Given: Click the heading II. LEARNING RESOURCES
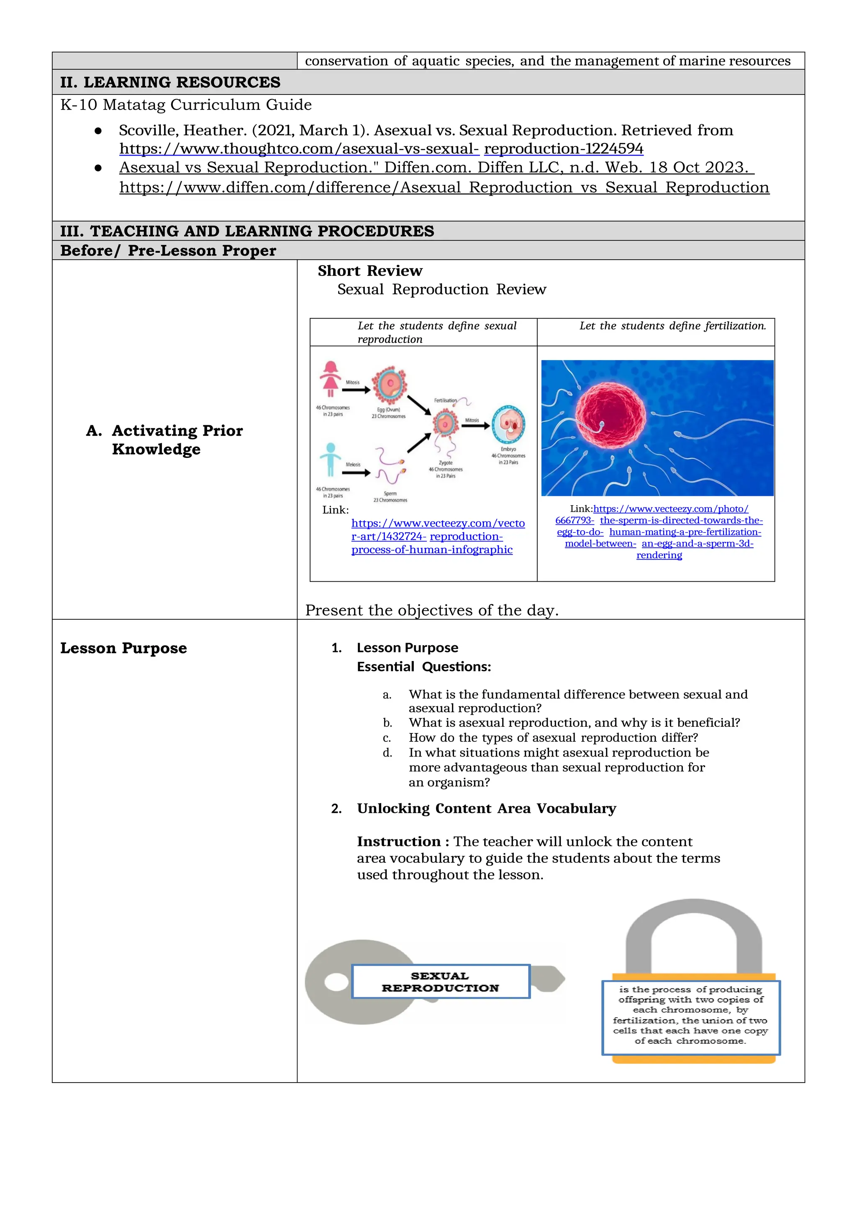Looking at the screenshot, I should (170, 82).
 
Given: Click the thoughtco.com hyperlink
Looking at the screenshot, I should (381, 149).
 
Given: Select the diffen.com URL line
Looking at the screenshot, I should (444, 188).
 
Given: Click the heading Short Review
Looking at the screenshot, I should (369, 271).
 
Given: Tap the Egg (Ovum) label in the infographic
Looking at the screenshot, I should (388, 409).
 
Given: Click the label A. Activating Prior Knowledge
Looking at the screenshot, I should (164, 439).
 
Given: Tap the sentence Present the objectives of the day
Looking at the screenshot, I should (432, 610).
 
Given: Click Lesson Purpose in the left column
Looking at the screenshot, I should (123, 648).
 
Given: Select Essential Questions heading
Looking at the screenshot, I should (424, 667).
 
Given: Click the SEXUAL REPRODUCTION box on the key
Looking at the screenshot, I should (440, 981).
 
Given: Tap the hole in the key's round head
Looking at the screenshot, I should (336, 982).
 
